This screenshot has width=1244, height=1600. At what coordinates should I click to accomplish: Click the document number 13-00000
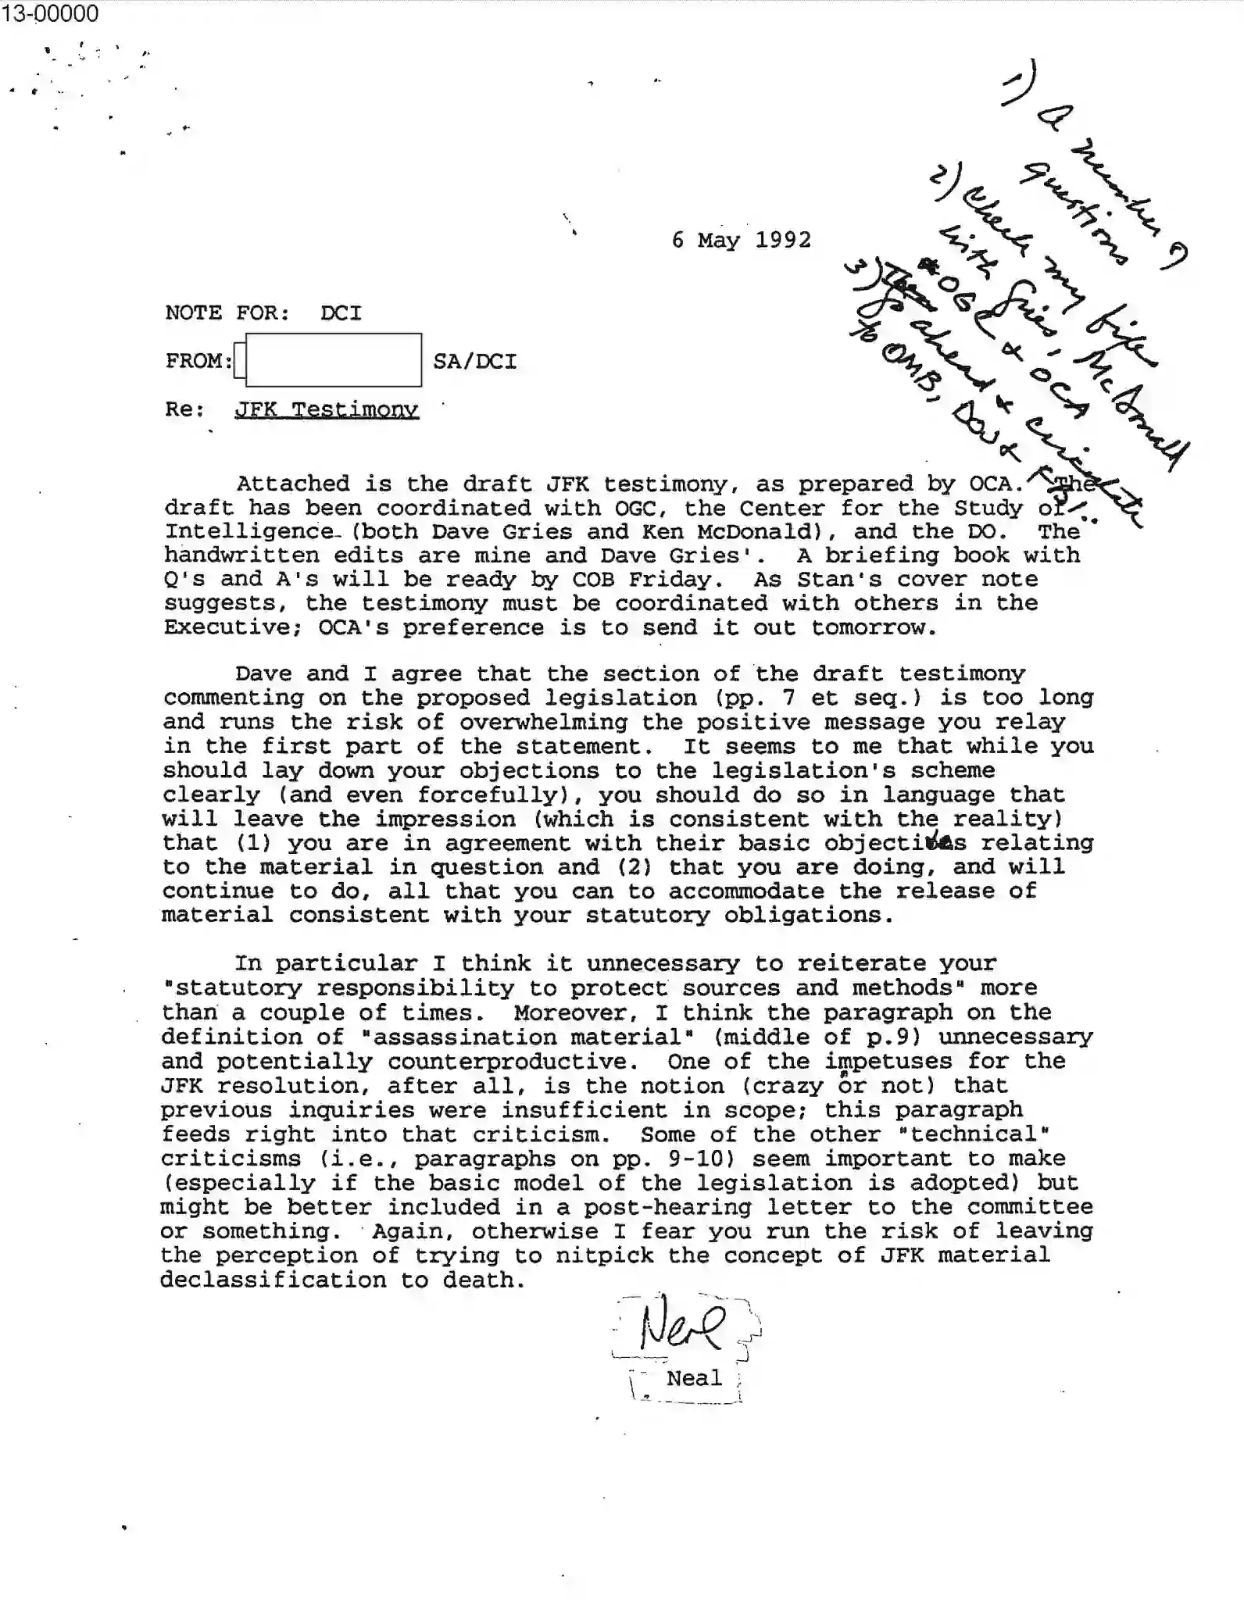[x=50, y=13]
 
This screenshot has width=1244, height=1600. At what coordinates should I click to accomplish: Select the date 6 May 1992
[x=741, y=240]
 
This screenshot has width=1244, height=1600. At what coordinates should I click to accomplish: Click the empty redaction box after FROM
[x=333, y=360]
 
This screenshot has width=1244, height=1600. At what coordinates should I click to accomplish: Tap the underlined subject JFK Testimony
[x=327, y=409]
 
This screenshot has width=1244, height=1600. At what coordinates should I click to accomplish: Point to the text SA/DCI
[x=474, y=362]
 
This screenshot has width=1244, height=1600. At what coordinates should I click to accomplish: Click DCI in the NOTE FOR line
[x=341, y=313]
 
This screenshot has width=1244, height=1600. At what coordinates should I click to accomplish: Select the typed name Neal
[x=694, y=1378]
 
